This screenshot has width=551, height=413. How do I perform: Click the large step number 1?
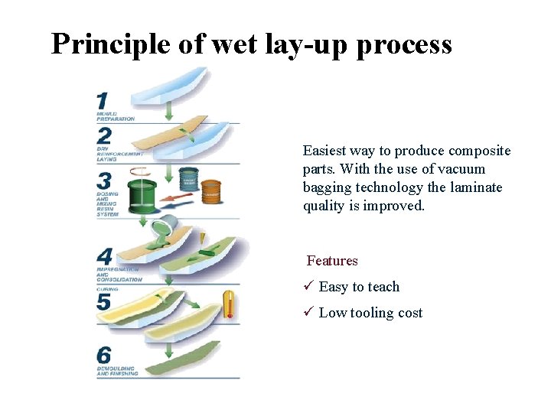pos(102,101)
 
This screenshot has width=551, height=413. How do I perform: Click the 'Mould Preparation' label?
pos(116,117)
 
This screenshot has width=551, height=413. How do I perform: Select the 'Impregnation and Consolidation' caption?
pos(119,275)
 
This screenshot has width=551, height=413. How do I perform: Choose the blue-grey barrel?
pos(188,179)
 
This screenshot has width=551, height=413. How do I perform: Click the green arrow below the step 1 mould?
pos(170,113)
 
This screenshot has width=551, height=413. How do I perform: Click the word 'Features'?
pos(332,261)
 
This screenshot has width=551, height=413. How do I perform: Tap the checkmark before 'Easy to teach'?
pos(308,287)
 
